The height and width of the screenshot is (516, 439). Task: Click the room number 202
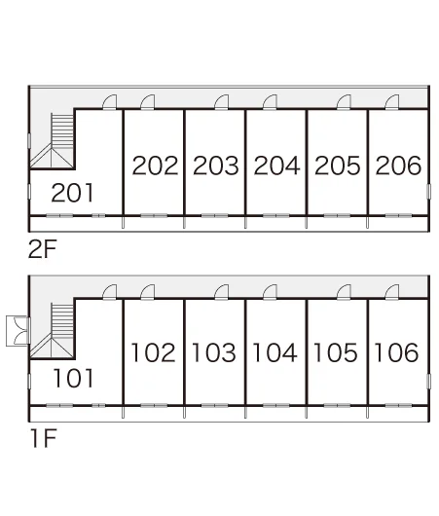[155, 166]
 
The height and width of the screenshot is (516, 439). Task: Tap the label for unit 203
[216, 166]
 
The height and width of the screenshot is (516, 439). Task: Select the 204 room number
[276, 166]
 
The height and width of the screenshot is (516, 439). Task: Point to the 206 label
[398, 166]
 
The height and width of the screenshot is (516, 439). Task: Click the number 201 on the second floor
[72, 193]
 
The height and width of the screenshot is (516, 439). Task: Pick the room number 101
[73, 378]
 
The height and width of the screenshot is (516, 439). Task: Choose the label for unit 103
[214, 352]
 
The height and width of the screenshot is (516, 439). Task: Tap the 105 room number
[336, 352]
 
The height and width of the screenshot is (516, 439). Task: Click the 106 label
[396, 352]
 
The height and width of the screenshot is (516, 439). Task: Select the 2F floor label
[43, 249]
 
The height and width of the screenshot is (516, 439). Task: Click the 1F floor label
[44, 438]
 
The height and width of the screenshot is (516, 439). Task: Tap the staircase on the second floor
[53, 141]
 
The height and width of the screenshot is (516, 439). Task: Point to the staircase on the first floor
[53, 331]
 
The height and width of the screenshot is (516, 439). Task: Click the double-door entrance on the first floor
[18, 331]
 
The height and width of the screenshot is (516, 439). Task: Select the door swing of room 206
[392, 101]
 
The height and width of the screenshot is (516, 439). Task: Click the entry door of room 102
[148, 291]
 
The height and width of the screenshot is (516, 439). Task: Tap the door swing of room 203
[222, 101]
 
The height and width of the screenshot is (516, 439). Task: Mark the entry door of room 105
[344, 291]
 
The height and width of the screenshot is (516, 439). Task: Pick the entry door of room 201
[110, 101]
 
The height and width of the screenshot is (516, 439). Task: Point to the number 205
[338, 166]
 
